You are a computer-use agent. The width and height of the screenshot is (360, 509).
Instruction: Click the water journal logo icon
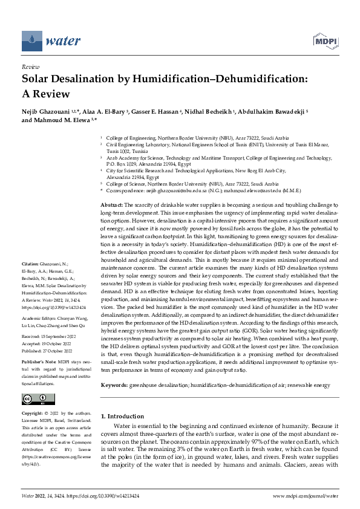(x=31, y=41)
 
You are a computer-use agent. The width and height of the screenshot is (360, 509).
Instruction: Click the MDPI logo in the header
(x=324, y=41)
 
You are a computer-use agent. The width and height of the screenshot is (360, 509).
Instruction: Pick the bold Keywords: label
(x=116, y=384)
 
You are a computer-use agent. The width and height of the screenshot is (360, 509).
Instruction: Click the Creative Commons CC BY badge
(x=35, y=399)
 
